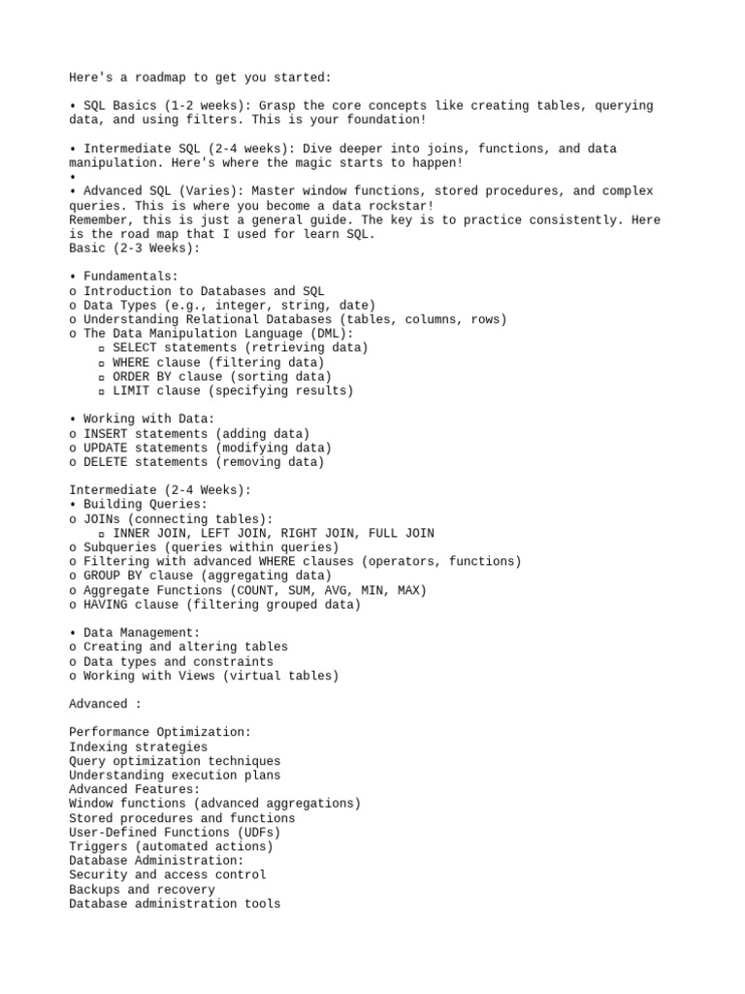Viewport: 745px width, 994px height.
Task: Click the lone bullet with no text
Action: [x=73, y=178]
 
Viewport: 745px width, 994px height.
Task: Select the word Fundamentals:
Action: [x=131, y=277]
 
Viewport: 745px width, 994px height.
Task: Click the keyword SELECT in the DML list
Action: [x=134, y=348]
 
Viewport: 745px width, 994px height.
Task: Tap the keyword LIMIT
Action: [x=131, y=391]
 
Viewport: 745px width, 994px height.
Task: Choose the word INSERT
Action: [x=106, y=434]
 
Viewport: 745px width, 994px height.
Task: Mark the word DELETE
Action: [x=106, y=462]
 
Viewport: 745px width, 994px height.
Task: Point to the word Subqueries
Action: [x=120, y=547]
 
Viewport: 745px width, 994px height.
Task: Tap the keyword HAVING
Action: [x=106, y=605]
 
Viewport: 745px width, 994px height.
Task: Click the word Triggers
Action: [x=98, y=846]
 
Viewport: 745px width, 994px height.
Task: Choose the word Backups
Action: [x=95, y=889]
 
